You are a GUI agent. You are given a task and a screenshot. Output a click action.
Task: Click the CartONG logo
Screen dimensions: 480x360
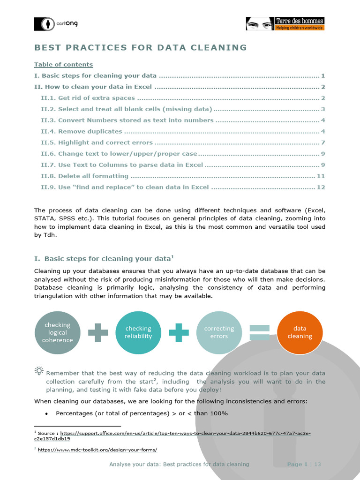tap(55, 24)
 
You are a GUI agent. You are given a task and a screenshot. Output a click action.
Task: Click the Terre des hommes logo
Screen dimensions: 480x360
tap(285, 24)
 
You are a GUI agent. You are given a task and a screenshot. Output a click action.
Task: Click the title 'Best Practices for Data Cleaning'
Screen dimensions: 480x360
tap(141, 47)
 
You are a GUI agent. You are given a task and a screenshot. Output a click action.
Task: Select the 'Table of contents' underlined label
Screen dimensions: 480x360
tap(63, 65)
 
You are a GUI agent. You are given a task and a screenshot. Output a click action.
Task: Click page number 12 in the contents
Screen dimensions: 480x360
tap(321, 187)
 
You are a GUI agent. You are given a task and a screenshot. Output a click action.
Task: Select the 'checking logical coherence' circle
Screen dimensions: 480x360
tap(58, 332)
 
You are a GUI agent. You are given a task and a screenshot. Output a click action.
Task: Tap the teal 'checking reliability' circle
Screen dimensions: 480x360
tap(138, 332)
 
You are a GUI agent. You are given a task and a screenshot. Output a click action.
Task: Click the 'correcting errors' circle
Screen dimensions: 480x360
tap(219, 332)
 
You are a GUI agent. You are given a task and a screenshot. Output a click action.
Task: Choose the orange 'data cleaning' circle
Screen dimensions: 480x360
tap(300, 332)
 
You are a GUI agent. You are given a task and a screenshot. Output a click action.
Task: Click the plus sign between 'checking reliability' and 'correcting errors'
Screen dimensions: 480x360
tap(179, 332)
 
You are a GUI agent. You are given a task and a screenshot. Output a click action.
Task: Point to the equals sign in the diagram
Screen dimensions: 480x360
tap(259, 332)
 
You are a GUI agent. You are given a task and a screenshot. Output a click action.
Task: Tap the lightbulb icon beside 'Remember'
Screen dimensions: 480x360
tap(39, 371)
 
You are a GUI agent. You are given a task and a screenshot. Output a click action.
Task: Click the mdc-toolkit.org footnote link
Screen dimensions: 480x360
tap(97, 450)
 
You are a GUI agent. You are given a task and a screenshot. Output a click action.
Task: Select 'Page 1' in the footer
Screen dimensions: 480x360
tap(297, 464)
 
